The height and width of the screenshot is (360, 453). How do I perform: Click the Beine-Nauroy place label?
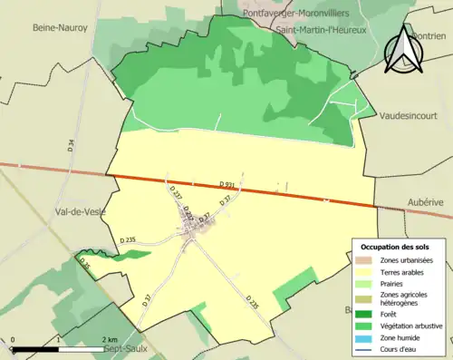(x=61, y=28)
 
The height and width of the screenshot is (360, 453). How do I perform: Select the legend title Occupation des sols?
(x=394, y=247)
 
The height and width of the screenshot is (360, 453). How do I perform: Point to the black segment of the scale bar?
(x=35, y=347)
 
